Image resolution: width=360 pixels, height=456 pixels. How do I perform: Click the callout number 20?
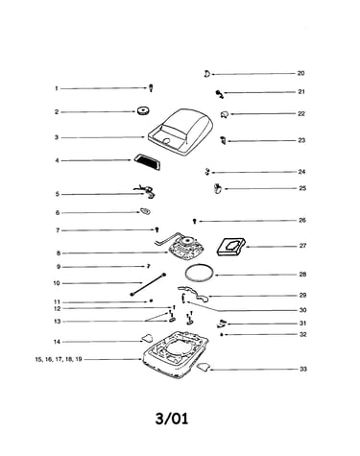click(x=300, y=73)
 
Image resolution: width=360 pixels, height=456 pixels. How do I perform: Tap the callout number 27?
click(x=302, y=246)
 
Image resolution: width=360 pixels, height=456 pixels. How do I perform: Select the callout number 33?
click(x=303, y=369)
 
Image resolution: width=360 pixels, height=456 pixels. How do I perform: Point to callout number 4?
click(x=57, y=160)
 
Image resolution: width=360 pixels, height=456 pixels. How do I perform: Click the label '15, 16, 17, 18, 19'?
click(x=59, y=359)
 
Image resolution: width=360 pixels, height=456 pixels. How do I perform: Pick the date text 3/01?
click(x=172, y=419)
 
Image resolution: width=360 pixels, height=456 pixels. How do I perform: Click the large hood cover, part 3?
click(x=180, y=132)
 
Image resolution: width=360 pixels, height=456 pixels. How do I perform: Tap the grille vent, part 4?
click(x=147, y=161)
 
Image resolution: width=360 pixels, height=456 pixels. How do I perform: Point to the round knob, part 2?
click(x=143, y=110)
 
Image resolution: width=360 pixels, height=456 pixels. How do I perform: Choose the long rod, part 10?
click(x=148, y=284)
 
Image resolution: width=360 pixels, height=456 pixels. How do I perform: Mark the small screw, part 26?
click(x=194, y=221)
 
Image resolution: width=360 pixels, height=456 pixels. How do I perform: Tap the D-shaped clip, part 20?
click(x=206, y=74)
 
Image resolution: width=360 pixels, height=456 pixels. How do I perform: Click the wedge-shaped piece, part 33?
click(x=204, y=367)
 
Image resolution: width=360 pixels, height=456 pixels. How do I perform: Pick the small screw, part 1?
click(x=151, y=88)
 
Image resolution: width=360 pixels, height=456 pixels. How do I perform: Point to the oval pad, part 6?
click(x=145, y=211)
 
